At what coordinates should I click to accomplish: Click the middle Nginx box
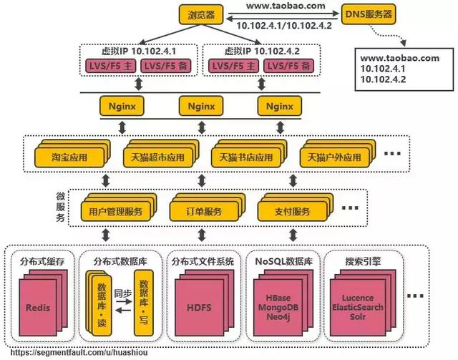click(x=201, y=106)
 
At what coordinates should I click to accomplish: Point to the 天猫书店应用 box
click(x=243, y=157)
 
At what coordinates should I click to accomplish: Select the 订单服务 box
click(x=199, y=212)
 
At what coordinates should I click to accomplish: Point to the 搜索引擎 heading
click(x=362, y=262)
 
